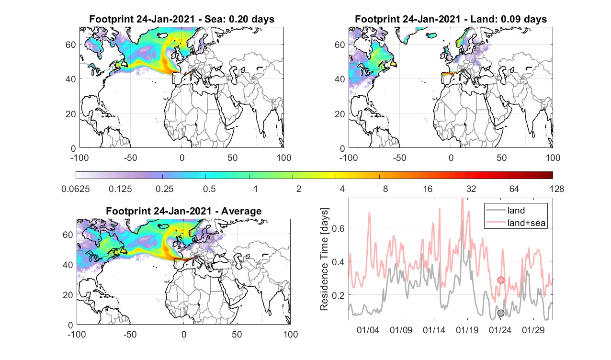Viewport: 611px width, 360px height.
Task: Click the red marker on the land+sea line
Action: coord(501,280)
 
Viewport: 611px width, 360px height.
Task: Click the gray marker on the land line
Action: coord(501,313)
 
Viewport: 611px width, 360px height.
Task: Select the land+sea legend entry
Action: coord(516,223)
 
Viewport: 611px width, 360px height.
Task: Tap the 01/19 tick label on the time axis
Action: coord(467,330)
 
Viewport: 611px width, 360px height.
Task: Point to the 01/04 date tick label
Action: coord(368,330)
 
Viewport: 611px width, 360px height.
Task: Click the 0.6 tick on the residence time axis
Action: coord(339,228)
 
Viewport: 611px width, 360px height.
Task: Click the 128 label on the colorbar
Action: coord(557,189)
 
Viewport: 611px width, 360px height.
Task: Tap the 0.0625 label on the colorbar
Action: coord(76,189)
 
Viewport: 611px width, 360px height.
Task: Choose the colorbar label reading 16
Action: coord(428,189)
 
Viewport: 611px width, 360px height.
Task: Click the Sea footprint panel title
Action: coord(181,19)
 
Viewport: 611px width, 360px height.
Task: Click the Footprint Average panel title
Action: coord(184,211)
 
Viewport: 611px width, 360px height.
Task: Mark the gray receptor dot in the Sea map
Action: coord(193,71)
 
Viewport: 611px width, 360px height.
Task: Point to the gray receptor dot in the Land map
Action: coord(463,71)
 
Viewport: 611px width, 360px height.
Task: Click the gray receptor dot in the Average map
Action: coord(196,257)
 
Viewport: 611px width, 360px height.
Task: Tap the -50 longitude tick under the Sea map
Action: coord(130,158)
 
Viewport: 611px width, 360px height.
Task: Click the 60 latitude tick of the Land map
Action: coord(339,45)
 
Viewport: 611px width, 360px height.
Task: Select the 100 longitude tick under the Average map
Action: coord(291,334)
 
